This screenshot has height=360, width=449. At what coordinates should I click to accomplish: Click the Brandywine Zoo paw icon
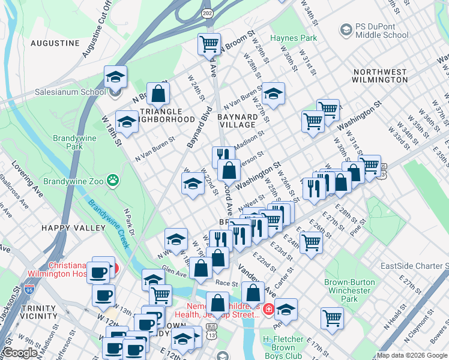(x=112, y=179)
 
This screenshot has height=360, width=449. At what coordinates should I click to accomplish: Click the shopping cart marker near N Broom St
(x=209, y=43)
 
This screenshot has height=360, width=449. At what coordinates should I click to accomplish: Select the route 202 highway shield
(x=207, y=29)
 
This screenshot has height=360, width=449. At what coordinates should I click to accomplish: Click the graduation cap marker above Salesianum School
(x=115, y=76)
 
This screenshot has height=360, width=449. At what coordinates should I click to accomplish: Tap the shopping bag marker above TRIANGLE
(x=158, y=93)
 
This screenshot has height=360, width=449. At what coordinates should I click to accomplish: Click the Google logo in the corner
(x=20, y=353)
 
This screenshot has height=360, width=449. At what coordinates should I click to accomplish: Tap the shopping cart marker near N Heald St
(x=332, y=317)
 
